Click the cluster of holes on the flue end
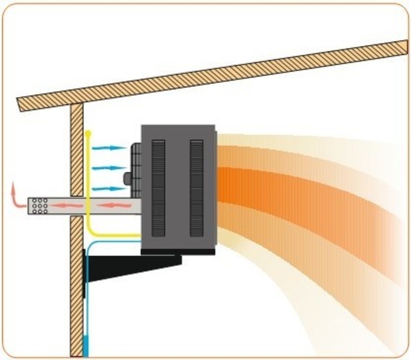coord(40,205)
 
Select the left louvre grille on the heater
coord(158,187)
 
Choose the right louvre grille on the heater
coord(196,187)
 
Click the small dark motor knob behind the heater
coord(127,179)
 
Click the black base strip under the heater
coord(178,252)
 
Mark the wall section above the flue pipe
coord(77,150)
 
